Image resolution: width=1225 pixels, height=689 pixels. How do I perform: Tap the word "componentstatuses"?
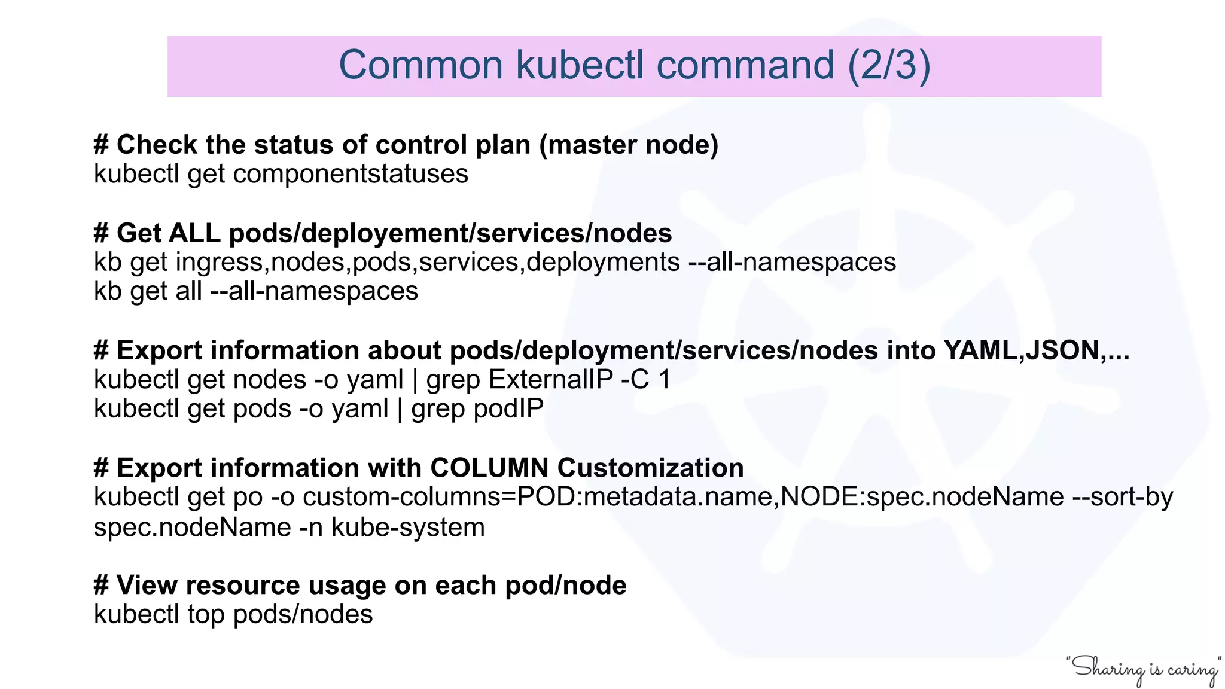[x=351, y=174]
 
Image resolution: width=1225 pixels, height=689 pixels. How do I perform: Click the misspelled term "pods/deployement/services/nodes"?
[x=450, y=233]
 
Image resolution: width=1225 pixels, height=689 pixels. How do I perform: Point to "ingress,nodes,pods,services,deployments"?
[x=428, y=262]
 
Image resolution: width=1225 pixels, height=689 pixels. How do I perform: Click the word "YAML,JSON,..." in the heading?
[x=1037, y=350]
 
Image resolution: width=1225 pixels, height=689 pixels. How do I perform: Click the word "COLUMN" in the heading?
[x=489, y=468]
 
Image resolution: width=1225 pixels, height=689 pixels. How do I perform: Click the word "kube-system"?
[x=408, y=528]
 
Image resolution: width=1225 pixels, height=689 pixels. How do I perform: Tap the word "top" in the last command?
[x=206, y=614]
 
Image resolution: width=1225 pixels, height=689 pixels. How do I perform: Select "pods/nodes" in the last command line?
[x=303, y=614]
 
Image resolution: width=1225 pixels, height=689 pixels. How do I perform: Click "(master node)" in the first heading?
[x=629, y=145]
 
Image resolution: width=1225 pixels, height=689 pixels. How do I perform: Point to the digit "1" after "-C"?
[x=664, y=380]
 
